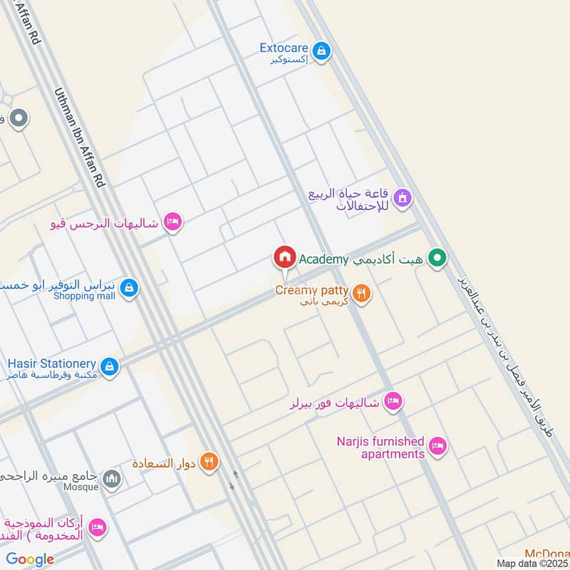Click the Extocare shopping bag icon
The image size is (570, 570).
(x=322, y=51)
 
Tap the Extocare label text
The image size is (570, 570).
(x=284, y=48)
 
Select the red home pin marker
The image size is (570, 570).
(x=284, y=257)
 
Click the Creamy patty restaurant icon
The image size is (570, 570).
(x=362, y=293)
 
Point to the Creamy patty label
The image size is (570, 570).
(x=312, y=291)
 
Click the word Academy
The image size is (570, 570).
(x=323, y=259)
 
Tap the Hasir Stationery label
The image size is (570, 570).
(x=51, y=363)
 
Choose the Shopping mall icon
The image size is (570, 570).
(x=129, y=288)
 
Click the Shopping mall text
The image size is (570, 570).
(x=83, y=296)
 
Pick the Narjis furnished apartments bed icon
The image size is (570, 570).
(x=438, y=447)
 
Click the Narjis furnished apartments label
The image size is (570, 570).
(x=380, y=447)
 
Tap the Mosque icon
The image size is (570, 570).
(x=111, y=480)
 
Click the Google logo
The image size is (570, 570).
(x=31, y=559)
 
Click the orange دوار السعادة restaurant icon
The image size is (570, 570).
(x=208, y=462)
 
